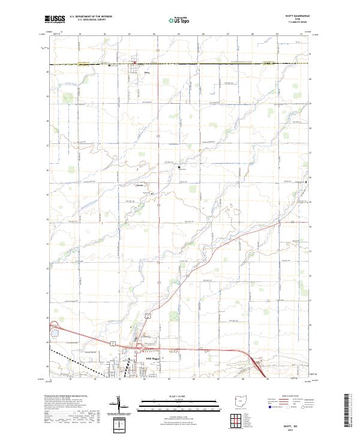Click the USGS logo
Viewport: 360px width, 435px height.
pos(55,19)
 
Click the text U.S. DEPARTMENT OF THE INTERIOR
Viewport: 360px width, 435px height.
pos(89,17)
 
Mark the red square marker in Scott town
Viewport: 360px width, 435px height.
pos(135,62)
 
